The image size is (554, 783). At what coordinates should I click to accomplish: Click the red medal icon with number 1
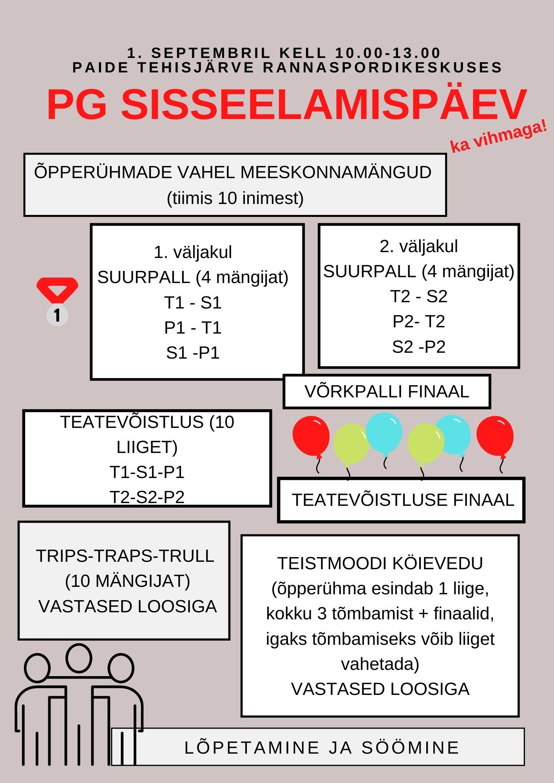click(x=57, y=301)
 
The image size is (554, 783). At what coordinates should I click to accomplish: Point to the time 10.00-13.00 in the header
click(x=388, y=53)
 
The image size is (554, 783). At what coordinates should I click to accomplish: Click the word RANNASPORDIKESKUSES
click(x=382, y=67)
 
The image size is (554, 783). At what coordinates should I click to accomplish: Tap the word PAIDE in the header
click(x=100, y=67)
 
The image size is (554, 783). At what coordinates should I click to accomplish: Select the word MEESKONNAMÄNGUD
click(x=336, y=172)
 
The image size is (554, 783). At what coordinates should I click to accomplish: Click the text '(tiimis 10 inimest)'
click(x=235, y=198)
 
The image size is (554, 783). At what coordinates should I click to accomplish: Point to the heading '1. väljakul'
click(x=193, y=252)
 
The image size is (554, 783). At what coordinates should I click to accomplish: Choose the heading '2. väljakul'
click(x=418, y=246)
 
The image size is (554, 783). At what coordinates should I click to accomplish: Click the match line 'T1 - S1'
click(x=193, y=303)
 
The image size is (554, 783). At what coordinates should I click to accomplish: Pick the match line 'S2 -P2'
click(x=418, y=347)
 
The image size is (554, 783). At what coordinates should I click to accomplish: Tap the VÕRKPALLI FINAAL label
click(x=387, y=391)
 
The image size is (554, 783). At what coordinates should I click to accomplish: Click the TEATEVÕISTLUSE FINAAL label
click(x=402, y=500)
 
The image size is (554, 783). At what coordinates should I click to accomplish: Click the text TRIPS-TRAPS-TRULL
click(x=125, y=556)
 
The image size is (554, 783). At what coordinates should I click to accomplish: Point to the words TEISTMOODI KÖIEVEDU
click(x=380, y=563)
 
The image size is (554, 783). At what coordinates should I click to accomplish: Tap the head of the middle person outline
click(x=79, y=658)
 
